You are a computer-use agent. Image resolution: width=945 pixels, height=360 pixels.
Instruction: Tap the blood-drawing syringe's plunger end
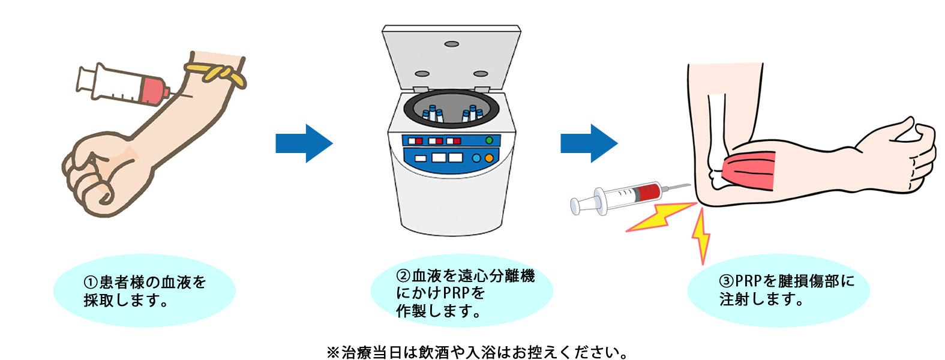pos(82,78)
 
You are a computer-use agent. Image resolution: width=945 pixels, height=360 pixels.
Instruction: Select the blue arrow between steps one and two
pos(304,143)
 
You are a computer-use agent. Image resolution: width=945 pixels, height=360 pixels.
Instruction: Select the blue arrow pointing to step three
pos(589,143)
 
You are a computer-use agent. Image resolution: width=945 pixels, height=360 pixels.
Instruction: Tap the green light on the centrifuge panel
pos(489,140)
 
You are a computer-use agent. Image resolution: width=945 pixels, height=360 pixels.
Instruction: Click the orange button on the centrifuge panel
pos(489,158)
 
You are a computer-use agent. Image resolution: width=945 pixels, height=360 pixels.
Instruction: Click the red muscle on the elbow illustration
pos(750,171)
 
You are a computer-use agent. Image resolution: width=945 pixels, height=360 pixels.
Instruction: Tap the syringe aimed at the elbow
pos(624,196)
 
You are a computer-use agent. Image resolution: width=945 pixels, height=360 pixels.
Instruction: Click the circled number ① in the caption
pos(90,283)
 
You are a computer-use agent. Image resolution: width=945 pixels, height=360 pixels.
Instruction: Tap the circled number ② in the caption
pos(403,277)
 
